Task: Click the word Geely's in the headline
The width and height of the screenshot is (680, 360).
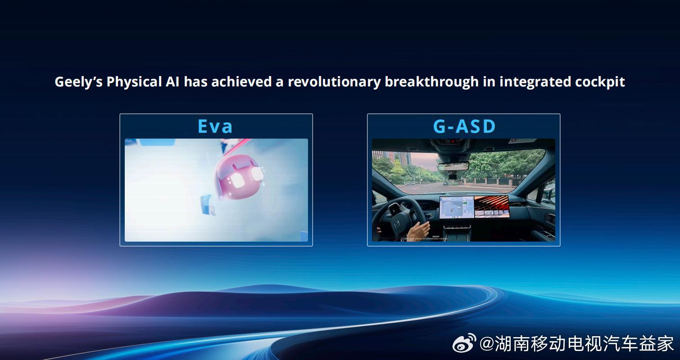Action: (78, 82)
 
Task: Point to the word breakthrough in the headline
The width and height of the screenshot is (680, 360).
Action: (431, 82)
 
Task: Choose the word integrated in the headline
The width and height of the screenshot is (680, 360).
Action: (536, 82)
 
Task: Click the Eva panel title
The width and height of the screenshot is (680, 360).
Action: (215, 126)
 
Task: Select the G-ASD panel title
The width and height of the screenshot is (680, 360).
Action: (464, 126)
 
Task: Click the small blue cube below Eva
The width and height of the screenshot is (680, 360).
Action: (208, 205)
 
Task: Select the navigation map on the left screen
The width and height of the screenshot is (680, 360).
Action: (457, 208)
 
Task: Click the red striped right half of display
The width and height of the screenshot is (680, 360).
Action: (491, 207)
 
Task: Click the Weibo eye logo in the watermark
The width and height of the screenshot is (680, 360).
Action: (464, 344)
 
